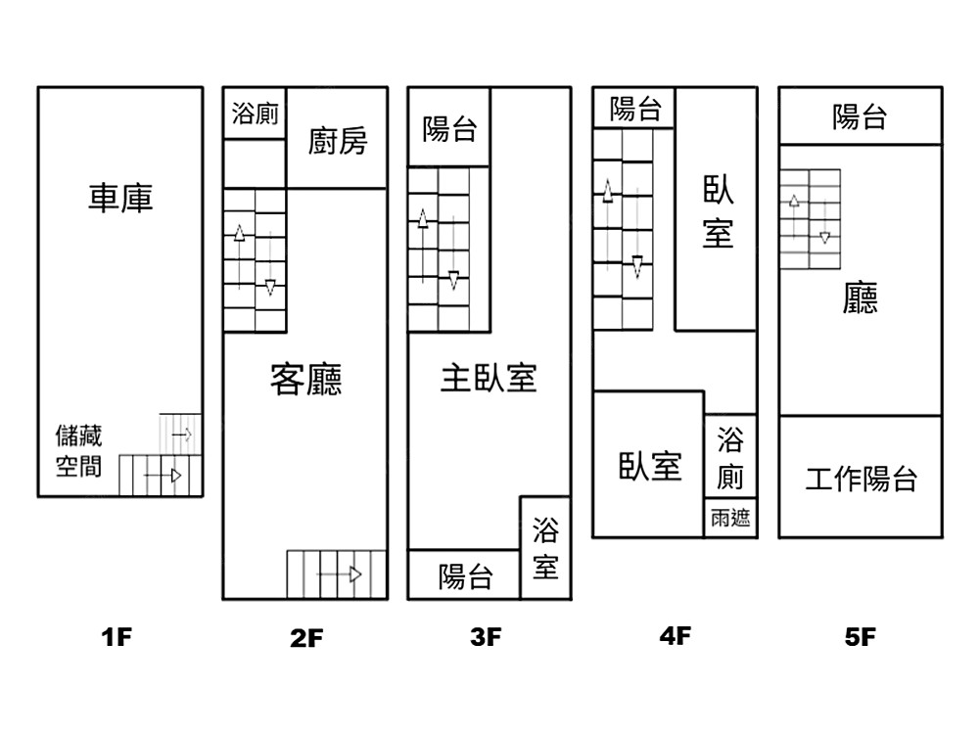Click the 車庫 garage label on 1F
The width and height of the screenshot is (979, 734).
[x=120, y=198]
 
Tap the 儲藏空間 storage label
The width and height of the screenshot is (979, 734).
[x=78, y=450]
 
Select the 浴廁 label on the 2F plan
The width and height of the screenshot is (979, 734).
[x=255, y=114]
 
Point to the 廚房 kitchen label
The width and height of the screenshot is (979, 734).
[x=337, y=141]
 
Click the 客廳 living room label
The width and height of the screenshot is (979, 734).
[x=305, y=379]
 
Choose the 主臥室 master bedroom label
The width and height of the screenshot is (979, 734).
[x=489, y=378]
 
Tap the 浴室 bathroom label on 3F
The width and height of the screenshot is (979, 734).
[x=545, y=548]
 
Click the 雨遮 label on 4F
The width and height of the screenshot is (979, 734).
[x=730, y=518]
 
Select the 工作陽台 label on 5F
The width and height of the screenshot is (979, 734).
[x=861, y=479]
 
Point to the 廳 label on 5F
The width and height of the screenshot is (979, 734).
[x=860, y=298]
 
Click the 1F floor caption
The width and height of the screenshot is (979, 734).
[x=117, y=637]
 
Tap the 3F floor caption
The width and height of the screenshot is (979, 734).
[x=486, y=637]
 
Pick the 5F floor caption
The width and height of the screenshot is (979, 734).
[x=860, y=637]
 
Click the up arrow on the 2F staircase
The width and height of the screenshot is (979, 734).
[x=239, y=256]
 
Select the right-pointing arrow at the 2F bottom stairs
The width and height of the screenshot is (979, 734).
[x=340, y=574]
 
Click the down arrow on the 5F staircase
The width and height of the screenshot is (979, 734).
[x=824, y=221]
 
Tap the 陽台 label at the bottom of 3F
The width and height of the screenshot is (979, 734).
[x=465, y=576]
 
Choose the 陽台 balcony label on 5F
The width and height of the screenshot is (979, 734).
[x=860, y=116]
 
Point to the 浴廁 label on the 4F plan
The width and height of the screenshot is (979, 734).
[x=730, y=458]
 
